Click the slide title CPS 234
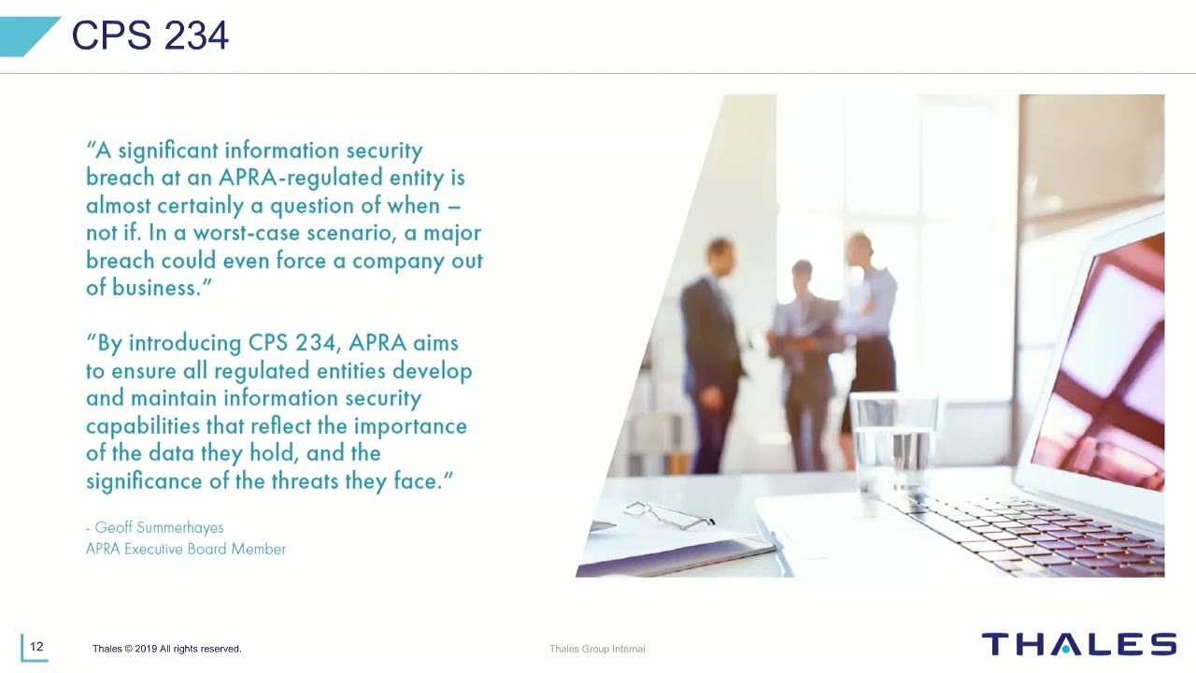click(149, 36)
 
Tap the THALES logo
click(1078, 644)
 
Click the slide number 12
click(36, 647)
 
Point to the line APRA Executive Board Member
click(185, 549)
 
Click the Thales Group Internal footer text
click(597, 649)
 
